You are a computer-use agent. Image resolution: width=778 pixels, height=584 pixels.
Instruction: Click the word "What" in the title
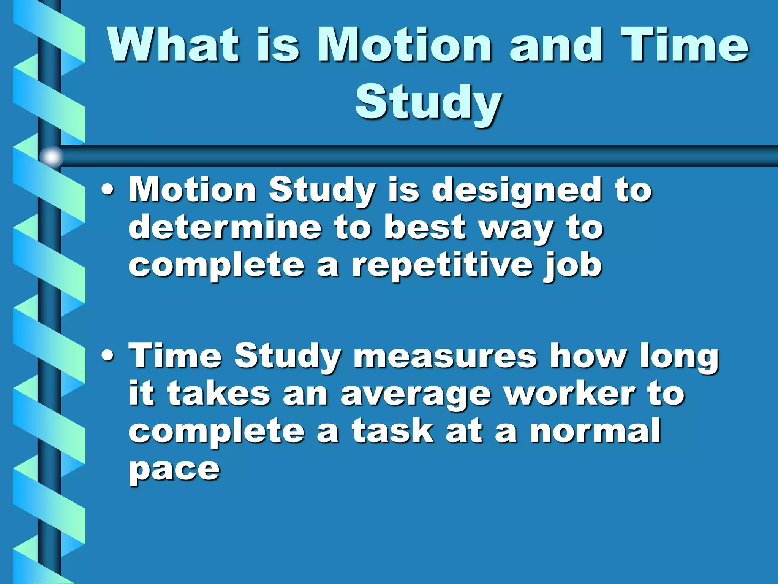click(173, 45)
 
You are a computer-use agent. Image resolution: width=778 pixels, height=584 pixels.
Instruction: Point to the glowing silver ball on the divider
click(51, 156)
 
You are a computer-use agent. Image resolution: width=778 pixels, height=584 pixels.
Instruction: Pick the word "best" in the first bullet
click(424, 227)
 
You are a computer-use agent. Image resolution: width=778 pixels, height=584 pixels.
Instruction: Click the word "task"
click(392, 431)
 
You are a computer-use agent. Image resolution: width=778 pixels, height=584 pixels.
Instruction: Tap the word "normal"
click(595, 431)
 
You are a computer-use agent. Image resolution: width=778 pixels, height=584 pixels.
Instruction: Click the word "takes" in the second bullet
click(219, 394)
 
